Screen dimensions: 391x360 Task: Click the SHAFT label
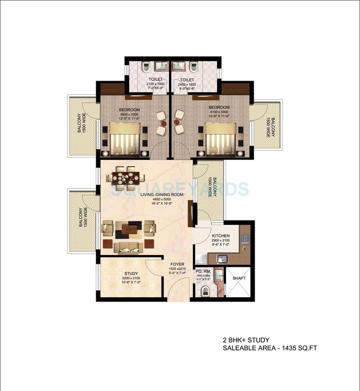(239, 278)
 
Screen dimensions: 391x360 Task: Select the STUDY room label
(131, 274)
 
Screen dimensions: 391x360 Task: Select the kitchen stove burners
(245, 238)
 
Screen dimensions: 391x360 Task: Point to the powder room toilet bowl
(205, 290)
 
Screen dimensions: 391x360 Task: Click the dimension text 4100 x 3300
(219, 112)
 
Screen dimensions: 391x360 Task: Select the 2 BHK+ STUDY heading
(245, 340)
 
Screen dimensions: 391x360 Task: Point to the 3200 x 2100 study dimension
(131, 279)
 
